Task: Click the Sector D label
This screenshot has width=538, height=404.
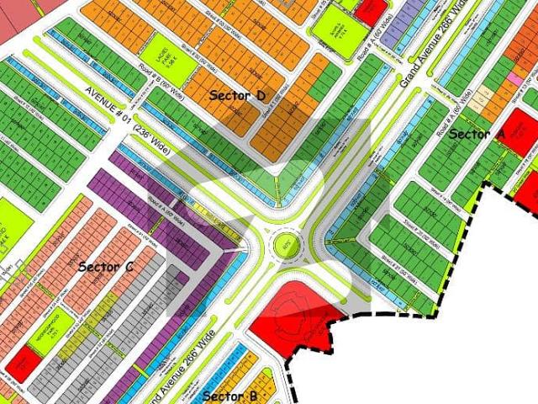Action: pyautogui.click(x=238, y=95)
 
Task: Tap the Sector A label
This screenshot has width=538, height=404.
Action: pyautogui.click(x=477, y=134)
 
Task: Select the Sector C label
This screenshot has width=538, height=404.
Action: pyautogui.click(x=106, y=267)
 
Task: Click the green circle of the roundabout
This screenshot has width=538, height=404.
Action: pyautogui.click(x=285, y=247)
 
